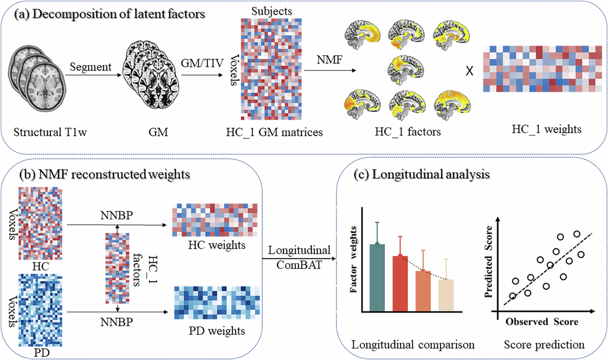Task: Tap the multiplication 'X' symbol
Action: [469, 70]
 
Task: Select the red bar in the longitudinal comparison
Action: [400, 283]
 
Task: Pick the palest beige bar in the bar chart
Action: [446, 295]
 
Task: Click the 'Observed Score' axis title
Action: [542, 322]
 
